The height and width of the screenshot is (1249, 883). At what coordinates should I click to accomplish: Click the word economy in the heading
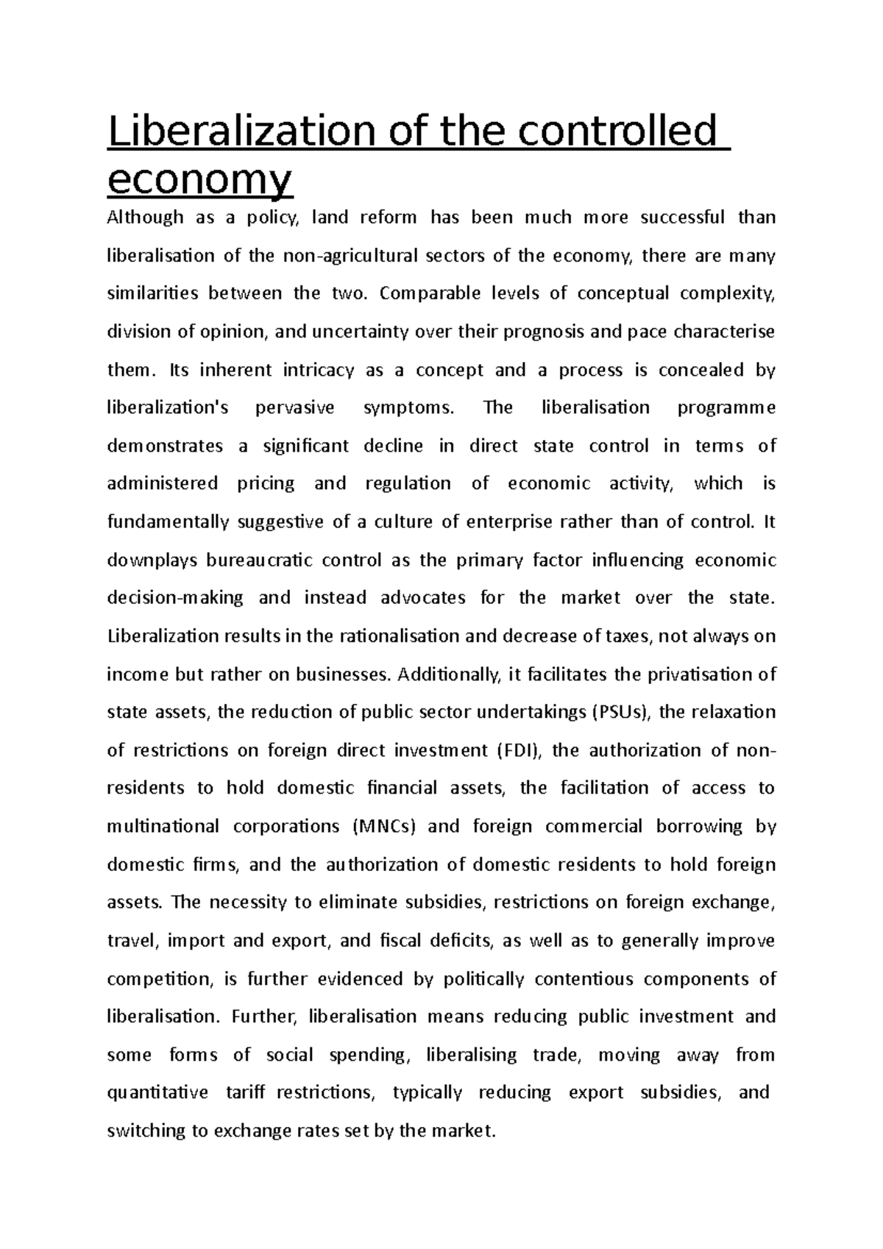(x=199, y=180)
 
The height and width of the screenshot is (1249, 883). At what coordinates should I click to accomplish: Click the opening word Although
(x=145, y=218)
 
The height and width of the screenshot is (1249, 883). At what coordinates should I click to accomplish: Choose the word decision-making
(x=175, y=598)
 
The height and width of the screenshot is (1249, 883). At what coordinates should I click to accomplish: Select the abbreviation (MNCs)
(x=384, y=827)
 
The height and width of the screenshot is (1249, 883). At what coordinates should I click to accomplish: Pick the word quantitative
(x=157, y=1093)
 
